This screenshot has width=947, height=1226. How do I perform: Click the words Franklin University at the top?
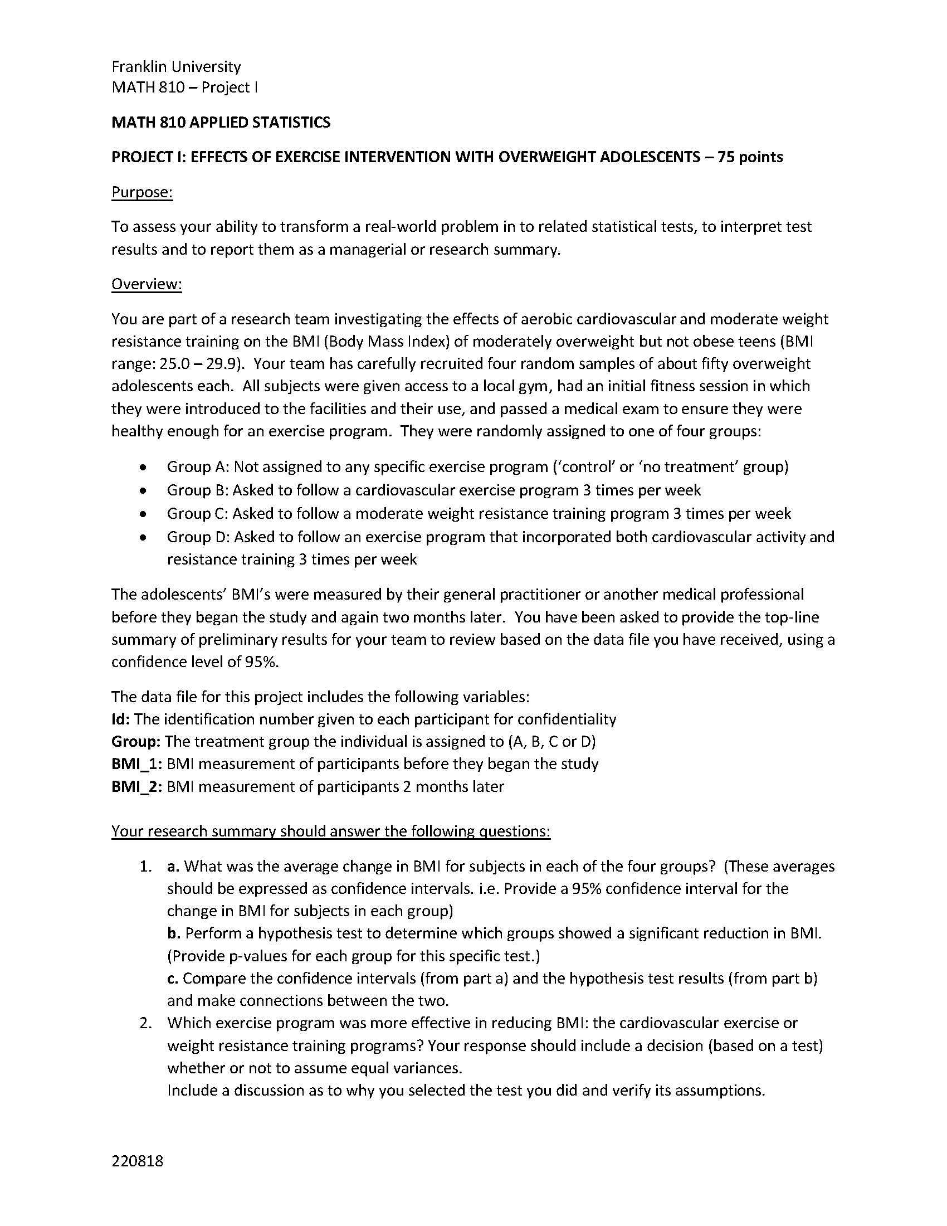click(176, 67)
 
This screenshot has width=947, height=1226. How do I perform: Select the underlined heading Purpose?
click(142, 193)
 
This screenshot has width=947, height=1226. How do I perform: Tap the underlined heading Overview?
click(147, 285)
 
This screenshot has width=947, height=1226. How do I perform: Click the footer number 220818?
click(138, 1161)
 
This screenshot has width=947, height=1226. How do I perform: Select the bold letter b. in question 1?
click(173, 933)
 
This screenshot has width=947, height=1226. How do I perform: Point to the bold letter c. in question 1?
click(173, 979)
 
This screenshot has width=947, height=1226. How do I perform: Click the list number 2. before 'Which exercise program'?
click(146, 1023)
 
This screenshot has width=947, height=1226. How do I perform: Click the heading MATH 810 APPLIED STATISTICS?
click(221, 123)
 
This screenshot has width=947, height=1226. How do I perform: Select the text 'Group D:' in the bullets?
click(198, 537)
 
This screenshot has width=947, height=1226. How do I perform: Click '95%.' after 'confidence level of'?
click(262, 662)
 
